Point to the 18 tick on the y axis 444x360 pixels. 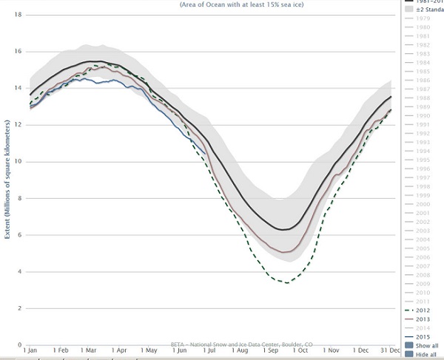tap(17, 15)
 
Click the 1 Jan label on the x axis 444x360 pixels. tap(32, 350)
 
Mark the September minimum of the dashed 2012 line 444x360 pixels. tap(286, 282)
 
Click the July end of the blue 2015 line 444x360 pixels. tap(206, 154)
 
